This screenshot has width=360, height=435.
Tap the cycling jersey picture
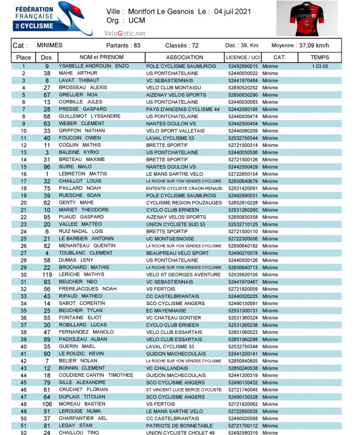coord(306,18)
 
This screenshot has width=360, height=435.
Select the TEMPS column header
coord(320,57)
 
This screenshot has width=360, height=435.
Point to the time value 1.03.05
coord(320,66)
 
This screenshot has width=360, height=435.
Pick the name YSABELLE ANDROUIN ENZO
coord(94,66)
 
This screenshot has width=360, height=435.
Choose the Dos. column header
coord(47,57)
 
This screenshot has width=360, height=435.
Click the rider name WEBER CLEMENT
coord(81,123)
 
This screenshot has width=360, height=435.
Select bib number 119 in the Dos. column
coord(47,275)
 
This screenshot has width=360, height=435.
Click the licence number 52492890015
coord(243,66)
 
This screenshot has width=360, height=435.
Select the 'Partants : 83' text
coord(123,46)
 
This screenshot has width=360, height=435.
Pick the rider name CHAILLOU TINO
coord(78,432)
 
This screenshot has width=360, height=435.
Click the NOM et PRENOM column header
coord(101,57)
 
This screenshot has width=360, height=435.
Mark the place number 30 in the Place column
coord(23,275)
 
